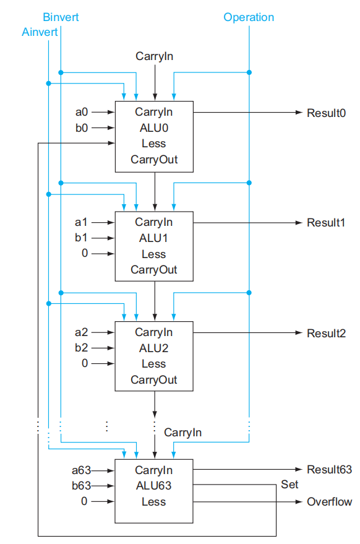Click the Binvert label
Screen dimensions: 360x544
tap(61, 17)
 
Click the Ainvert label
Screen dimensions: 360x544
tap(40, 32)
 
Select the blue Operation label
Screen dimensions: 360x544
tap(249, 17)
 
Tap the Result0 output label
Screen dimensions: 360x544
tap(326, 113)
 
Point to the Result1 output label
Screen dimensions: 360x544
tap(326, 223)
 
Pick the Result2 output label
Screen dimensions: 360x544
tap(326, 334)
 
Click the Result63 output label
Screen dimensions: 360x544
tap(329, 470)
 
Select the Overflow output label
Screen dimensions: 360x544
tap(329, 502)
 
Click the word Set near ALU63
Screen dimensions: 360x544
tap(289, 485)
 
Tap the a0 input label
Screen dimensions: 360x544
tap(82, 112)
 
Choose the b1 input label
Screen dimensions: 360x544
tap(81, 238)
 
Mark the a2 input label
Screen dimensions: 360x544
tap(81, 332)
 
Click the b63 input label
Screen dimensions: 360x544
tap(81, 486)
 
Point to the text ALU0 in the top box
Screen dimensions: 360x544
tap(153, 128)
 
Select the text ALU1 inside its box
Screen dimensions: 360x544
tap(153, 238)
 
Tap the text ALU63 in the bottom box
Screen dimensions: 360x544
tap(153, 486)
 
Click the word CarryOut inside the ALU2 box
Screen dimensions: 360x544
tap(153, 380)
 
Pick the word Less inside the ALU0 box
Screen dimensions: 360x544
tap(153, 144)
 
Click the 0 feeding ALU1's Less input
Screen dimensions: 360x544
tap(85, 253)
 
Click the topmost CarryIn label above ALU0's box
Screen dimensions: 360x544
tap(155, 56)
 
